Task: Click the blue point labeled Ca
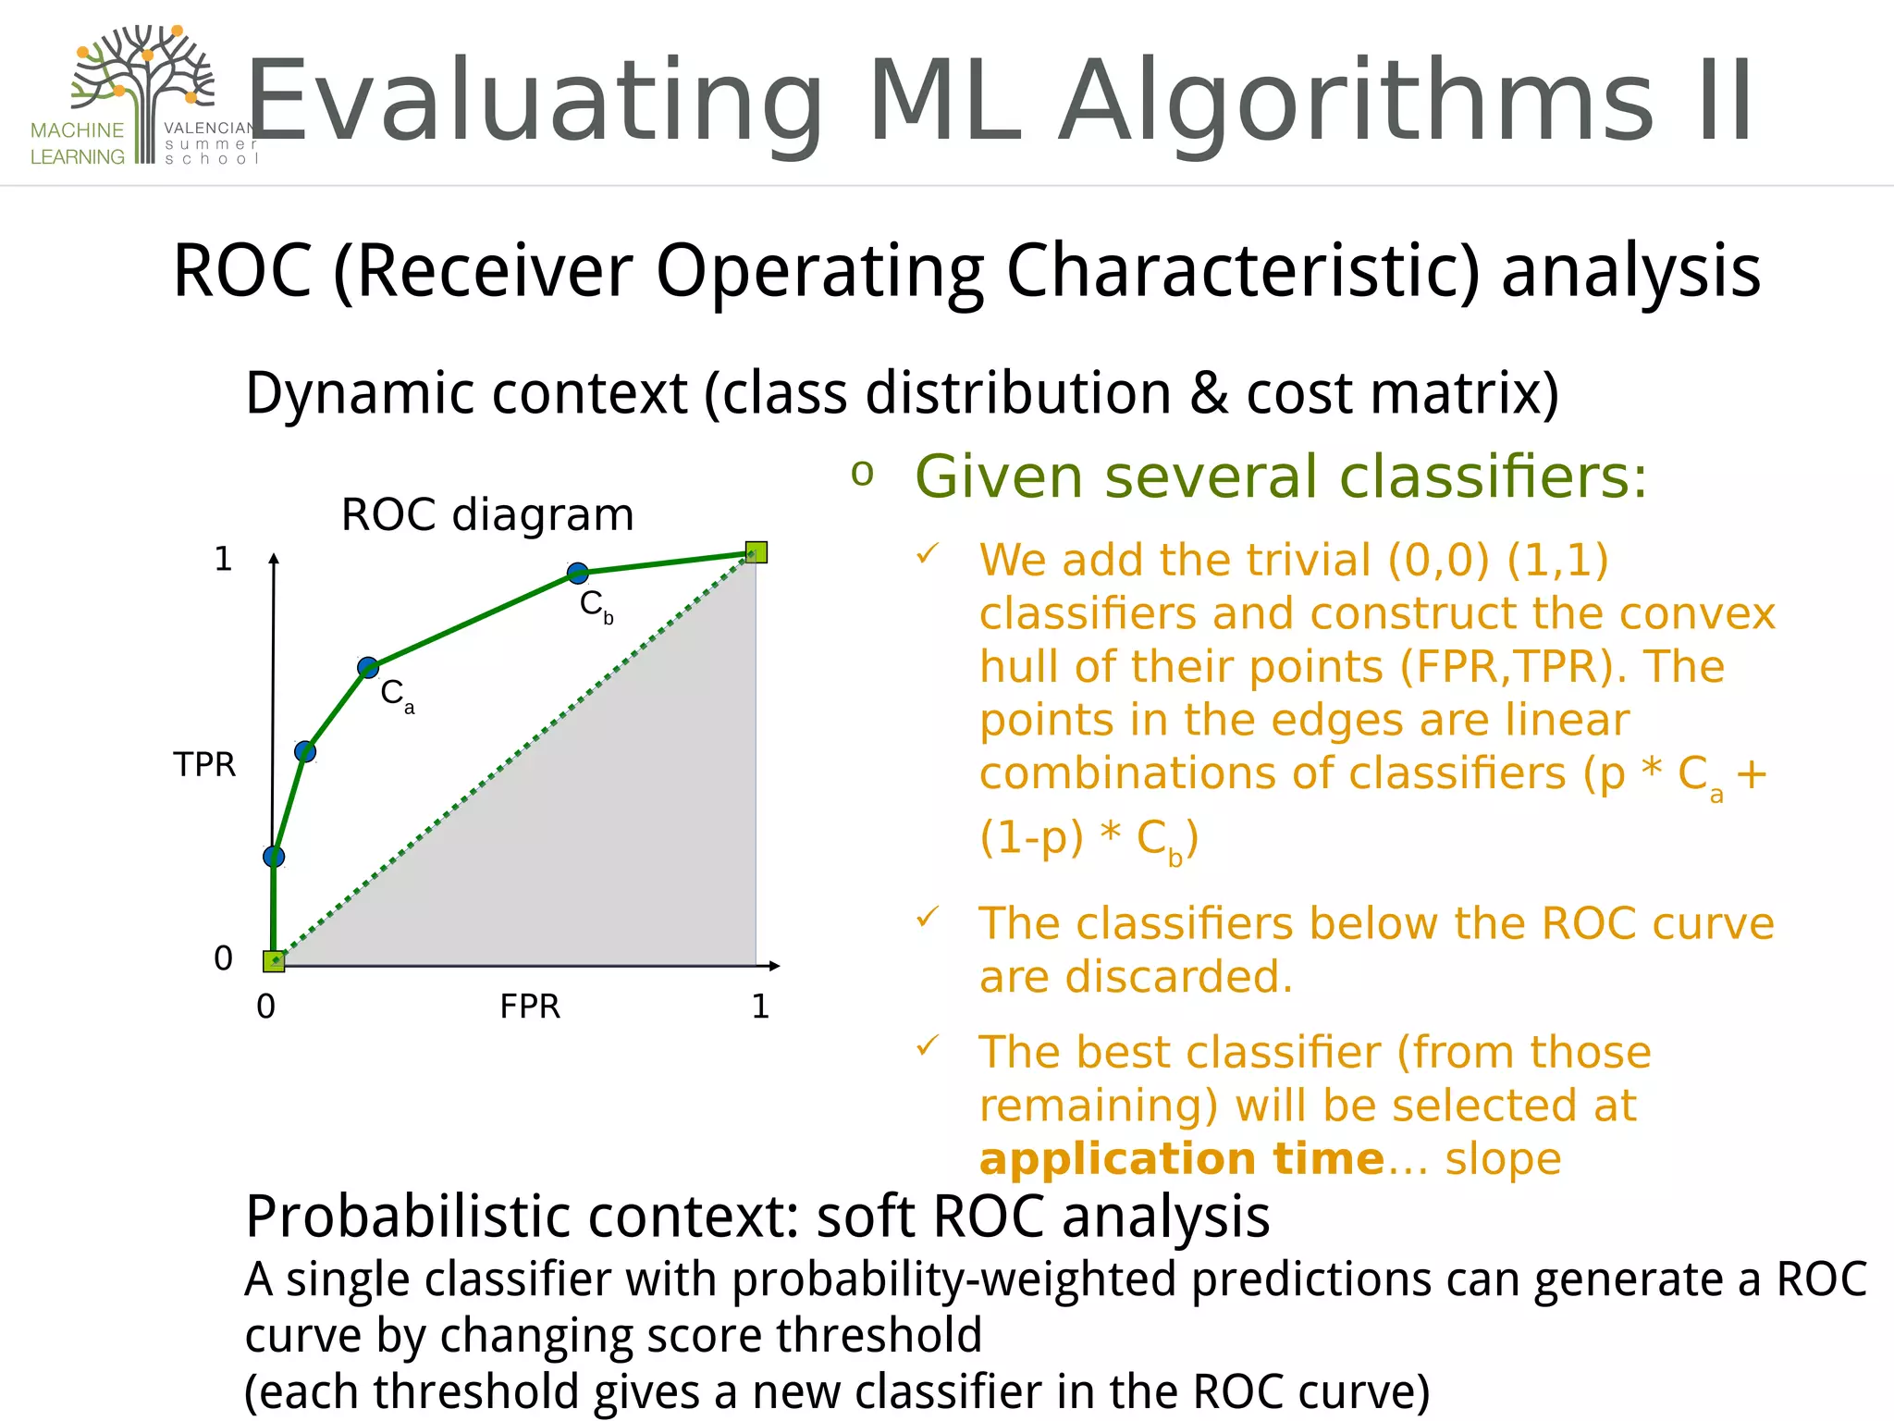[368, 667]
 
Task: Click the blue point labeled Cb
[577, 574]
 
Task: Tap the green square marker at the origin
[274, 961]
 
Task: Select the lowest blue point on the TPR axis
[274, 857]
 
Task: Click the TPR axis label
[204, 765]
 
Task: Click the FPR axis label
[530, 1007]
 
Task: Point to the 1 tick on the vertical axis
[223, 559]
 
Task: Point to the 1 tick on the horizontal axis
[760, 1007]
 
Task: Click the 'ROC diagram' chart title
[487, 514]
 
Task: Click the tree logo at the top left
[143, 88]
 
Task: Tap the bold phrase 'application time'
[1181, 1159]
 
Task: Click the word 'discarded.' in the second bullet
[1136, 977]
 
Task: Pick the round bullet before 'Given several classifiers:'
[862, 474]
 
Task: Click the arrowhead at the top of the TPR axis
[274, 558]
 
